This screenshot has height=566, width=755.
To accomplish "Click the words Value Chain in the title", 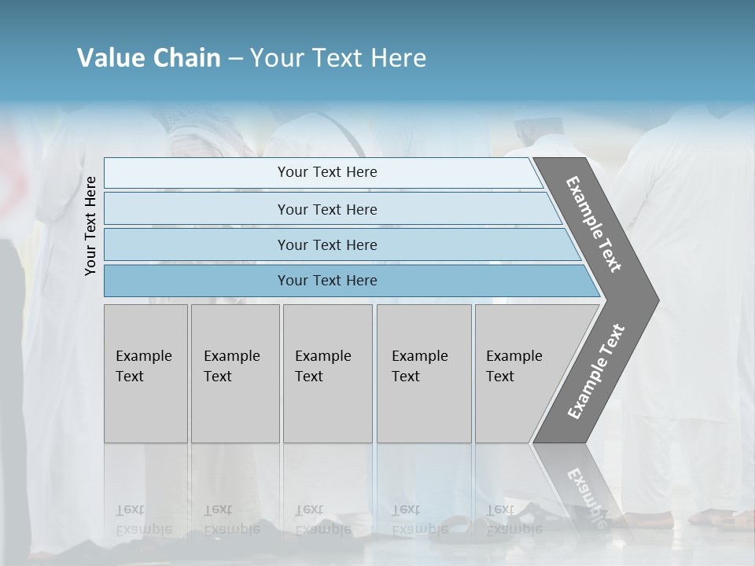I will click(x=149, y=58).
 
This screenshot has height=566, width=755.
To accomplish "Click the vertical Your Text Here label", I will click(x=90, y=226).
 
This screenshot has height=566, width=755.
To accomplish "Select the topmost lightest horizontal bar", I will click(x=197, y=173).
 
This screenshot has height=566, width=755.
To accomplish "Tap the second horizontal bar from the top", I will click(x=197, y=209).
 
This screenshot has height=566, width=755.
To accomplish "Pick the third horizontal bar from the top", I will click(x=197, y=244).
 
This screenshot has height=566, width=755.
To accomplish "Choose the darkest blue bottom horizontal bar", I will click(x=197, y=281).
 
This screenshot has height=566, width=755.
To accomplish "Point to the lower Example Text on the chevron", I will click(x=596, y=371).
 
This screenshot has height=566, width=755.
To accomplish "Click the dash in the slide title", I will click(x=235, y=58).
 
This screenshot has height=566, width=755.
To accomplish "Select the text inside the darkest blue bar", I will click(x=327, y=281).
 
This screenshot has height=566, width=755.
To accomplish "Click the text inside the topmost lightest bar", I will click(x=327, y=172).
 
